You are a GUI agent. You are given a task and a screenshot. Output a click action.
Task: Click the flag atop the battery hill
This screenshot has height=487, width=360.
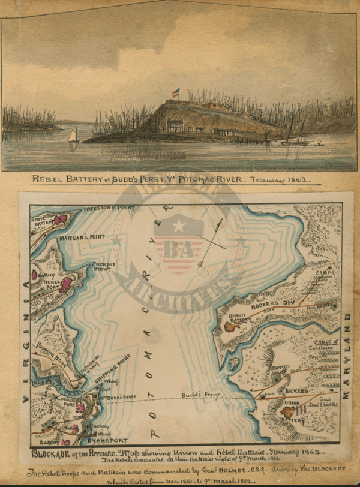click(x=176, y=93)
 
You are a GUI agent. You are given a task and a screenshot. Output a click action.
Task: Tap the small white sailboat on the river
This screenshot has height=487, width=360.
click(x=73, y=137)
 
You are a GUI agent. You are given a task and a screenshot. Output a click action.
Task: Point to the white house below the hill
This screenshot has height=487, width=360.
click(x=175, y=126)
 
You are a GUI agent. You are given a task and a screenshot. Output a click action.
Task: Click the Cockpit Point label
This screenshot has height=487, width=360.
click(x=104, y=267)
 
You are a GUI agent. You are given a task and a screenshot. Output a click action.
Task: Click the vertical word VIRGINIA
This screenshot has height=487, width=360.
click(x=25, y=347)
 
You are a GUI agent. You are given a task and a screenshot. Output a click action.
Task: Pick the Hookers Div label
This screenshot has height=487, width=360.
click(x=277, y=303)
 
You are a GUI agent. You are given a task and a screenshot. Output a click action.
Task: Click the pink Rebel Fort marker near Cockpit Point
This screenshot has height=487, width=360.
click(x=66, y=284)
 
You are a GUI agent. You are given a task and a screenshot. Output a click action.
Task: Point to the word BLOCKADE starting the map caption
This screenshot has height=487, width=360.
click(x=51, y=452)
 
